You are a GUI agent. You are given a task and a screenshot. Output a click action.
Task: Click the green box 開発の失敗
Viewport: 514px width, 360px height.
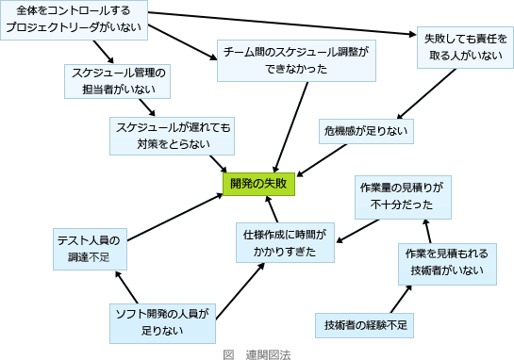coord(258,184)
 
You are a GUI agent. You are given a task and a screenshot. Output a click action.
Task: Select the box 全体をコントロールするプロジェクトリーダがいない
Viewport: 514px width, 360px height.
coord(74,19)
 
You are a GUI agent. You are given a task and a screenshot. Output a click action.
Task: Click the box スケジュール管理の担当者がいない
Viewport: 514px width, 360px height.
coord(118,81)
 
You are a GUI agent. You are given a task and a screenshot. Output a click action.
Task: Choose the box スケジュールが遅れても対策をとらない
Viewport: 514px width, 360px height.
coord(172,135)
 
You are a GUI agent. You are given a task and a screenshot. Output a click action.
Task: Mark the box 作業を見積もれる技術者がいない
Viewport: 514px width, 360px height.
coord(446,263)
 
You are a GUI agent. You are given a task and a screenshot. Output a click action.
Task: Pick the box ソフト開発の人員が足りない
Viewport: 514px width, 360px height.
coord(161,321)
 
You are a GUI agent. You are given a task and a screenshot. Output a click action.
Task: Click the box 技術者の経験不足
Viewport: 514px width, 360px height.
coord(364,324)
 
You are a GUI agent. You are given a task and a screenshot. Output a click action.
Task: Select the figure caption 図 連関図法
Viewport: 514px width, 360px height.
coord(257,353)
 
